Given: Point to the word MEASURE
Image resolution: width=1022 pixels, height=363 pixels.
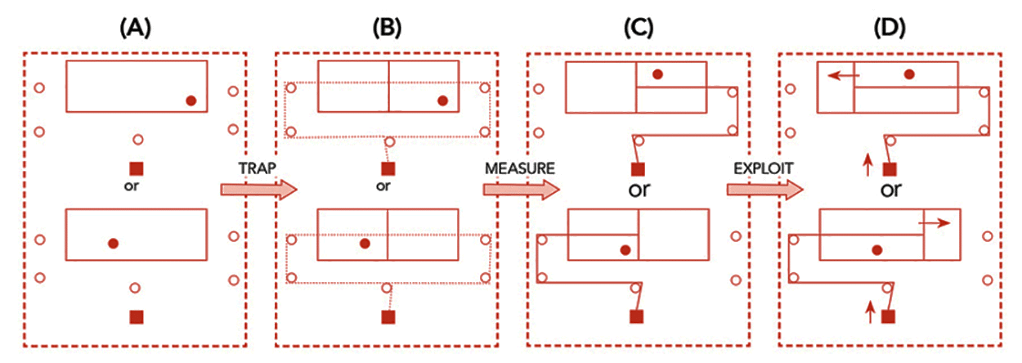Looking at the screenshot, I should [x=520, y=168].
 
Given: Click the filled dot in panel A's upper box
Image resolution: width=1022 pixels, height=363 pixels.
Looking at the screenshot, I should [x=191, y=101].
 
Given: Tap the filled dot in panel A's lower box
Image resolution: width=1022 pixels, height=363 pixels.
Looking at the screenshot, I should [x=114, y=243].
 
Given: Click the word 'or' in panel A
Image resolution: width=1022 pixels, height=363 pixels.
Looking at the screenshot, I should [x=136, y=186].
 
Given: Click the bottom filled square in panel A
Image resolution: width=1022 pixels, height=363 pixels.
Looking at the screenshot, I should [x=137, y=316].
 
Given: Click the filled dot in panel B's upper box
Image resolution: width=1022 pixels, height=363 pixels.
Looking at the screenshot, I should [x=442, y=101].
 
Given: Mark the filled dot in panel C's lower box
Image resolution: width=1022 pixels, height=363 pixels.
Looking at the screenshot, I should [x=625, y=250].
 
